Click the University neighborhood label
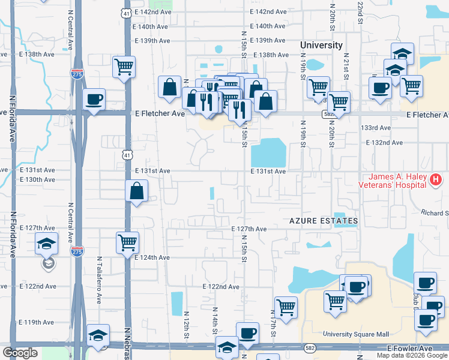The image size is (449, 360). click(x=321, y=45)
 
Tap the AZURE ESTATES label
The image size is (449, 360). click(x=324, y=221)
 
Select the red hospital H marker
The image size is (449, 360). click(x=436, y=179)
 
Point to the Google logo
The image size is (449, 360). click(x=20, y=353)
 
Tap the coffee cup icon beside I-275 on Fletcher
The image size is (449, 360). click(x=94, y=100)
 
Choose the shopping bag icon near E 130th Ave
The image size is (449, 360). click(x=137, y=192)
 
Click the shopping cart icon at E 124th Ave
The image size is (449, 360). click(x=127, y=243)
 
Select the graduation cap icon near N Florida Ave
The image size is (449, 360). click(x=46, y=244)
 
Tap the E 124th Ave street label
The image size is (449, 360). click(x=152, y=257)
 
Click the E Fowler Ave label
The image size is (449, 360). click(x=409, y=348)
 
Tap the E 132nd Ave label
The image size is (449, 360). click(x=385, y=143)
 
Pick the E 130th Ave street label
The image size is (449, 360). click(x=37, y=179)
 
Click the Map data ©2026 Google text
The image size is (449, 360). click(x=412, y=355)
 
